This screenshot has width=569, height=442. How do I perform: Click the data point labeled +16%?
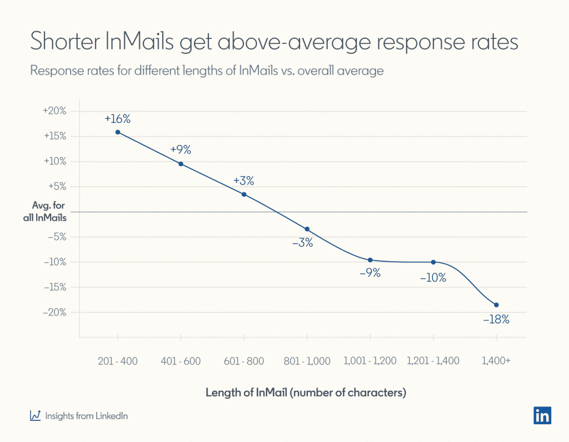[x=117, y=132]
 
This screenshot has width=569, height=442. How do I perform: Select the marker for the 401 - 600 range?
[x=181, y=164]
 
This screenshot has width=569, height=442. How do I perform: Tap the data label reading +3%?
[x=243, y=181]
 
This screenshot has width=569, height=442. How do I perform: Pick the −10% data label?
[x=433, y=277]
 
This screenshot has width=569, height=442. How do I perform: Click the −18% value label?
[x=496, y=320]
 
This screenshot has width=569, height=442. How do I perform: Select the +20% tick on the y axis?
[x=54, y=111]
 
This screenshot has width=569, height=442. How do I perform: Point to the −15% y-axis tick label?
[x=54, y=287]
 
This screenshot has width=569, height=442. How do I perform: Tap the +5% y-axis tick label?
[x=56, y=187]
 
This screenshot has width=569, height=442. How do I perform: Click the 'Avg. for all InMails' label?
[x=48, y=212]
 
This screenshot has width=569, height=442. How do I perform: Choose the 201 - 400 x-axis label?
[x=117, y=361]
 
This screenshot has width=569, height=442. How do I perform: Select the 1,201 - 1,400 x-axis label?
[x=433, y=361]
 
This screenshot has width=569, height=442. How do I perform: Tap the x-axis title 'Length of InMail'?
[x=306, y=393]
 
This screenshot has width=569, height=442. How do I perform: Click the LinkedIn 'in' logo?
[x=542, y=415]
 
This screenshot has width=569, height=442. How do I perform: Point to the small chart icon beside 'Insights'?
[x=35, y=415]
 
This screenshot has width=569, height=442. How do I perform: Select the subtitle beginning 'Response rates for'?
[x=206, y=71]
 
